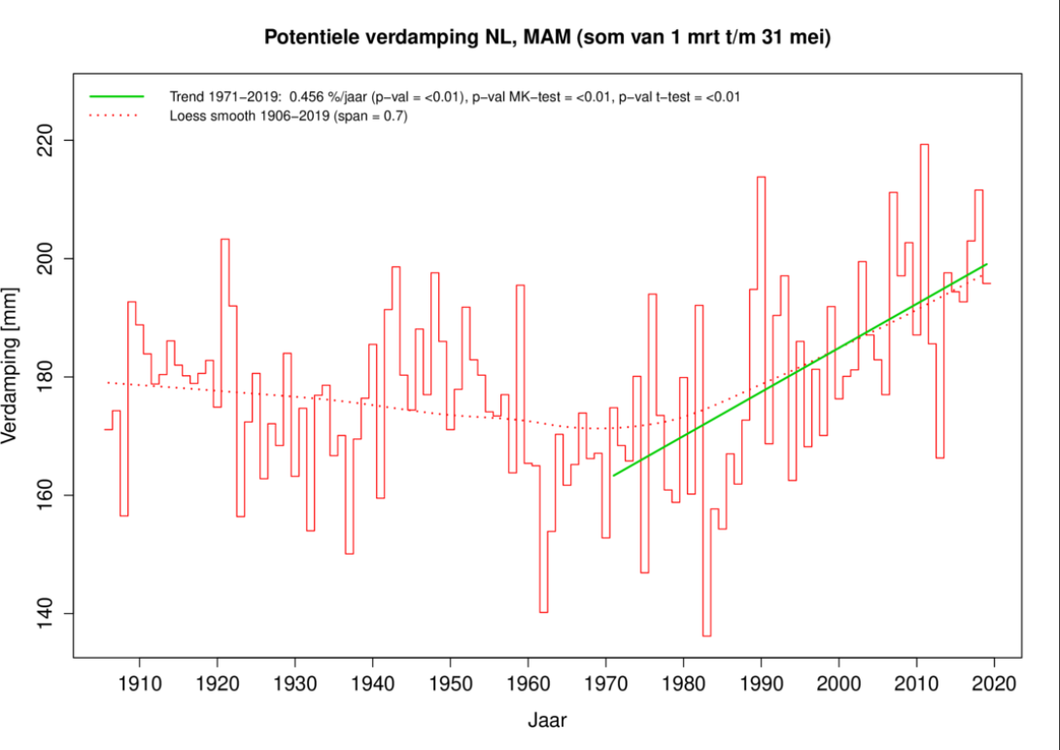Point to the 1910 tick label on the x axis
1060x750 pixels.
[139, 682]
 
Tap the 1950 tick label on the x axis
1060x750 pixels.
[450, 682]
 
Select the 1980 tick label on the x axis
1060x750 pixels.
[683, 682]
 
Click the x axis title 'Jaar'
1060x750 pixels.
[547, 721]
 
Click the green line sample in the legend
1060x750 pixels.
[116, 97]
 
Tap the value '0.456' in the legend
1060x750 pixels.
[308, 97]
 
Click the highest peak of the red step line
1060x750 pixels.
[924, 145]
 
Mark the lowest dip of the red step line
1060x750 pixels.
[706, 635]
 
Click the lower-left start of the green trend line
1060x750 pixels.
[614, 475]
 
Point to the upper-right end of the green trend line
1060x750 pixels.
[986, 264]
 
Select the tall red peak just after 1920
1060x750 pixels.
[224, 239]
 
